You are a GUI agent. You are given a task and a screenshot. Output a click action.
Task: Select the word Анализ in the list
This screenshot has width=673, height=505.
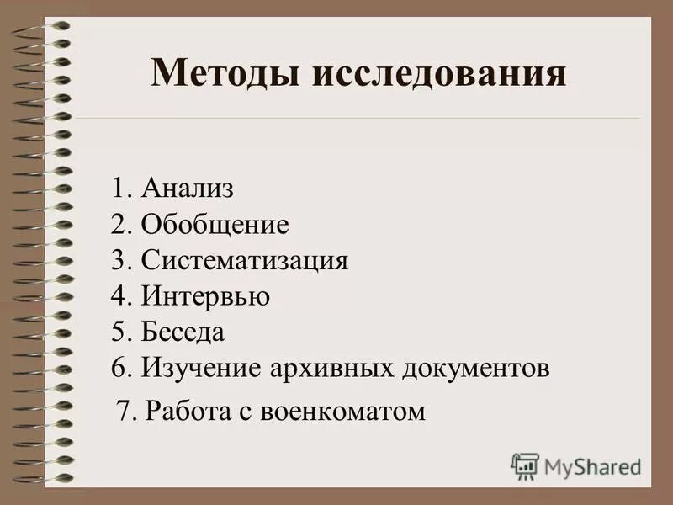188,188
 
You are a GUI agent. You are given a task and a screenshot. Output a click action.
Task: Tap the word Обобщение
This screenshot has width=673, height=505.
215,224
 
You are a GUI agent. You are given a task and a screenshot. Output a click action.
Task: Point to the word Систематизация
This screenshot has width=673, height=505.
245,260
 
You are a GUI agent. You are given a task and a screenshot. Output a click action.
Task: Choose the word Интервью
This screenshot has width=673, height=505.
205,295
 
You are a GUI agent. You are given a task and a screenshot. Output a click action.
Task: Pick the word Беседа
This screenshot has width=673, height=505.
183,332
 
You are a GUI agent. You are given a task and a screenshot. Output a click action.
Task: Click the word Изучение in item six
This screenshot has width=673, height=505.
202,368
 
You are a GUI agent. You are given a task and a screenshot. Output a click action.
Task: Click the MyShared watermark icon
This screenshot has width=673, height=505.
524,465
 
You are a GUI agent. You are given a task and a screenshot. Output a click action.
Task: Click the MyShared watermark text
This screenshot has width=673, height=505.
592,465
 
